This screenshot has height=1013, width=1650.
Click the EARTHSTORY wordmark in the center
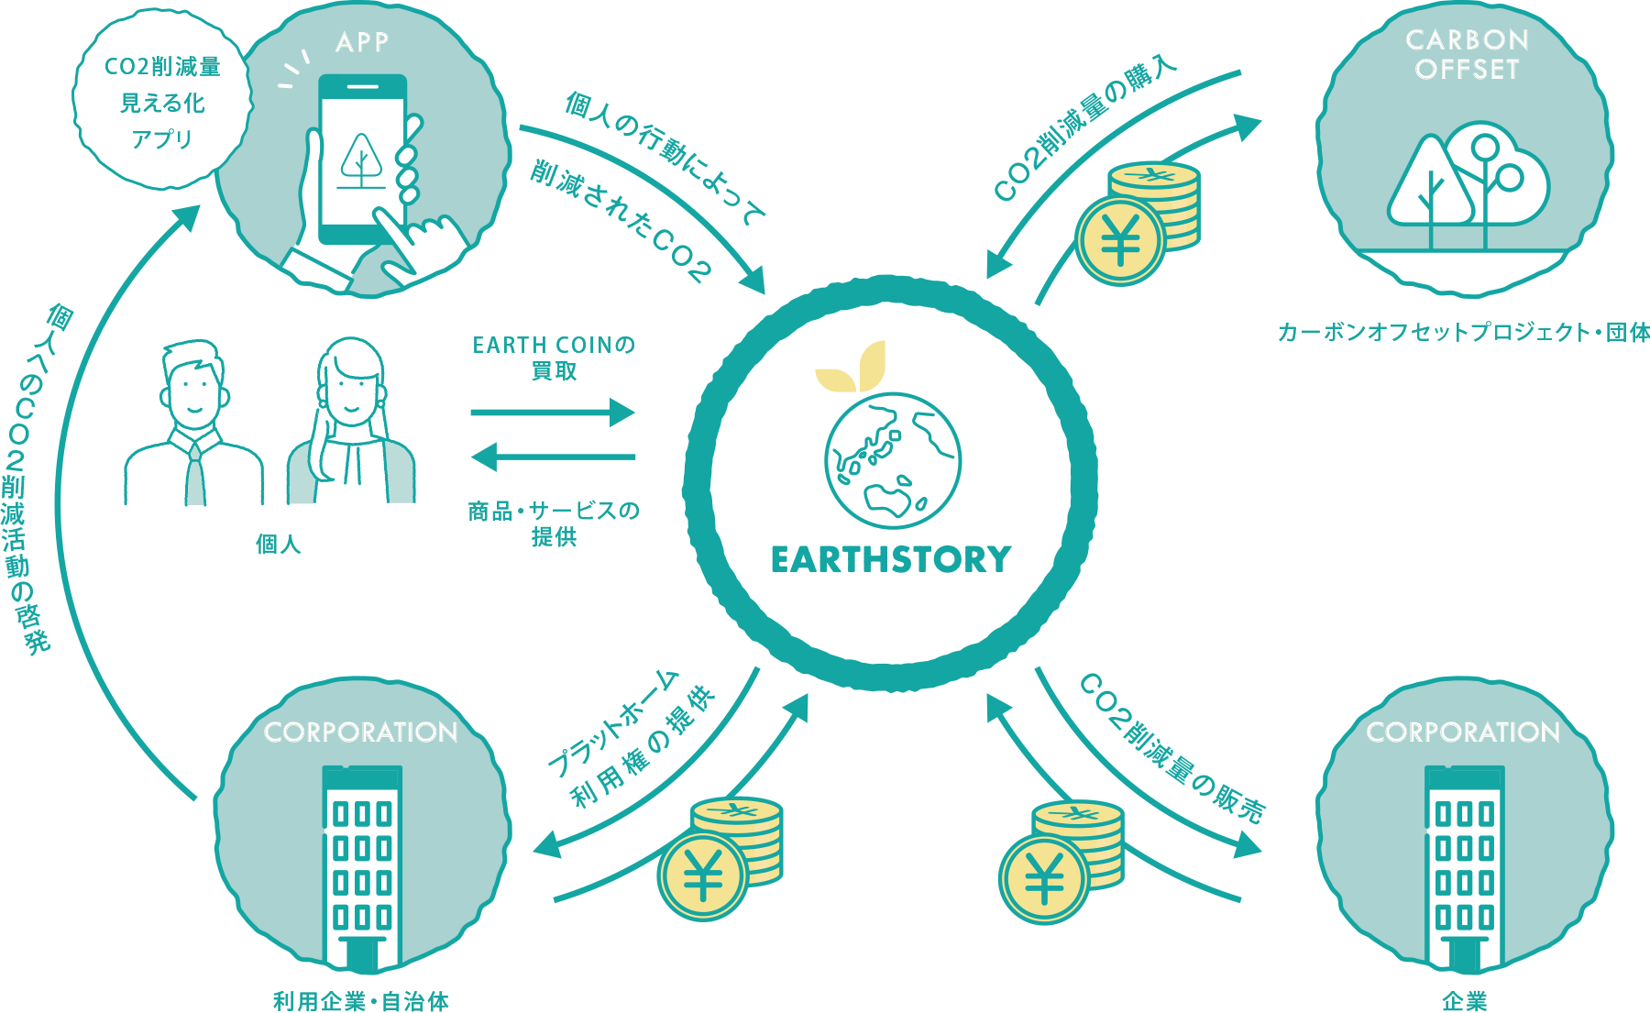point(890,559)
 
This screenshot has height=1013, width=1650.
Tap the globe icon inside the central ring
point(892,461)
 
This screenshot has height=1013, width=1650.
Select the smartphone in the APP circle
point(362,160)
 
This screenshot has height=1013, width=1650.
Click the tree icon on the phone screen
point(362,161)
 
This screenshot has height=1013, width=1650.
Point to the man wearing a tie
point(193,426)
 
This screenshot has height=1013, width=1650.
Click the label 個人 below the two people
point(278,544)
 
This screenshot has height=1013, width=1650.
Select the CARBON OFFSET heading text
point(1467,54)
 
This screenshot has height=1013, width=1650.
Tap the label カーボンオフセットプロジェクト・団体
point(1463,332)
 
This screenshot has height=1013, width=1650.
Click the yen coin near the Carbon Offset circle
point(1120,241)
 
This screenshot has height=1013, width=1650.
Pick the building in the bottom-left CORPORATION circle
point(362,866)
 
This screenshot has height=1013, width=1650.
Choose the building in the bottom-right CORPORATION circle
point(1464,866)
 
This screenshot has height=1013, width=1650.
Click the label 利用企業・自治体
point(361,1000)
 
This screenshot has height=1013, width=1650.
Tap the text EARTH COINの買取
point(554,358)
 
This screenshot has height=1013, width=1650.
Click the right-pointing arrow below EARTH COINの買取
point(553,413)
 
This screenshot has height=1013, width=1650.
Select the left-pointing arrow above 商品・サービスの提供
point(553,456)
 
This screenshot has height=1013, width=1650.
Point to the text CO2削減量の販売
point(1172,748)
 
